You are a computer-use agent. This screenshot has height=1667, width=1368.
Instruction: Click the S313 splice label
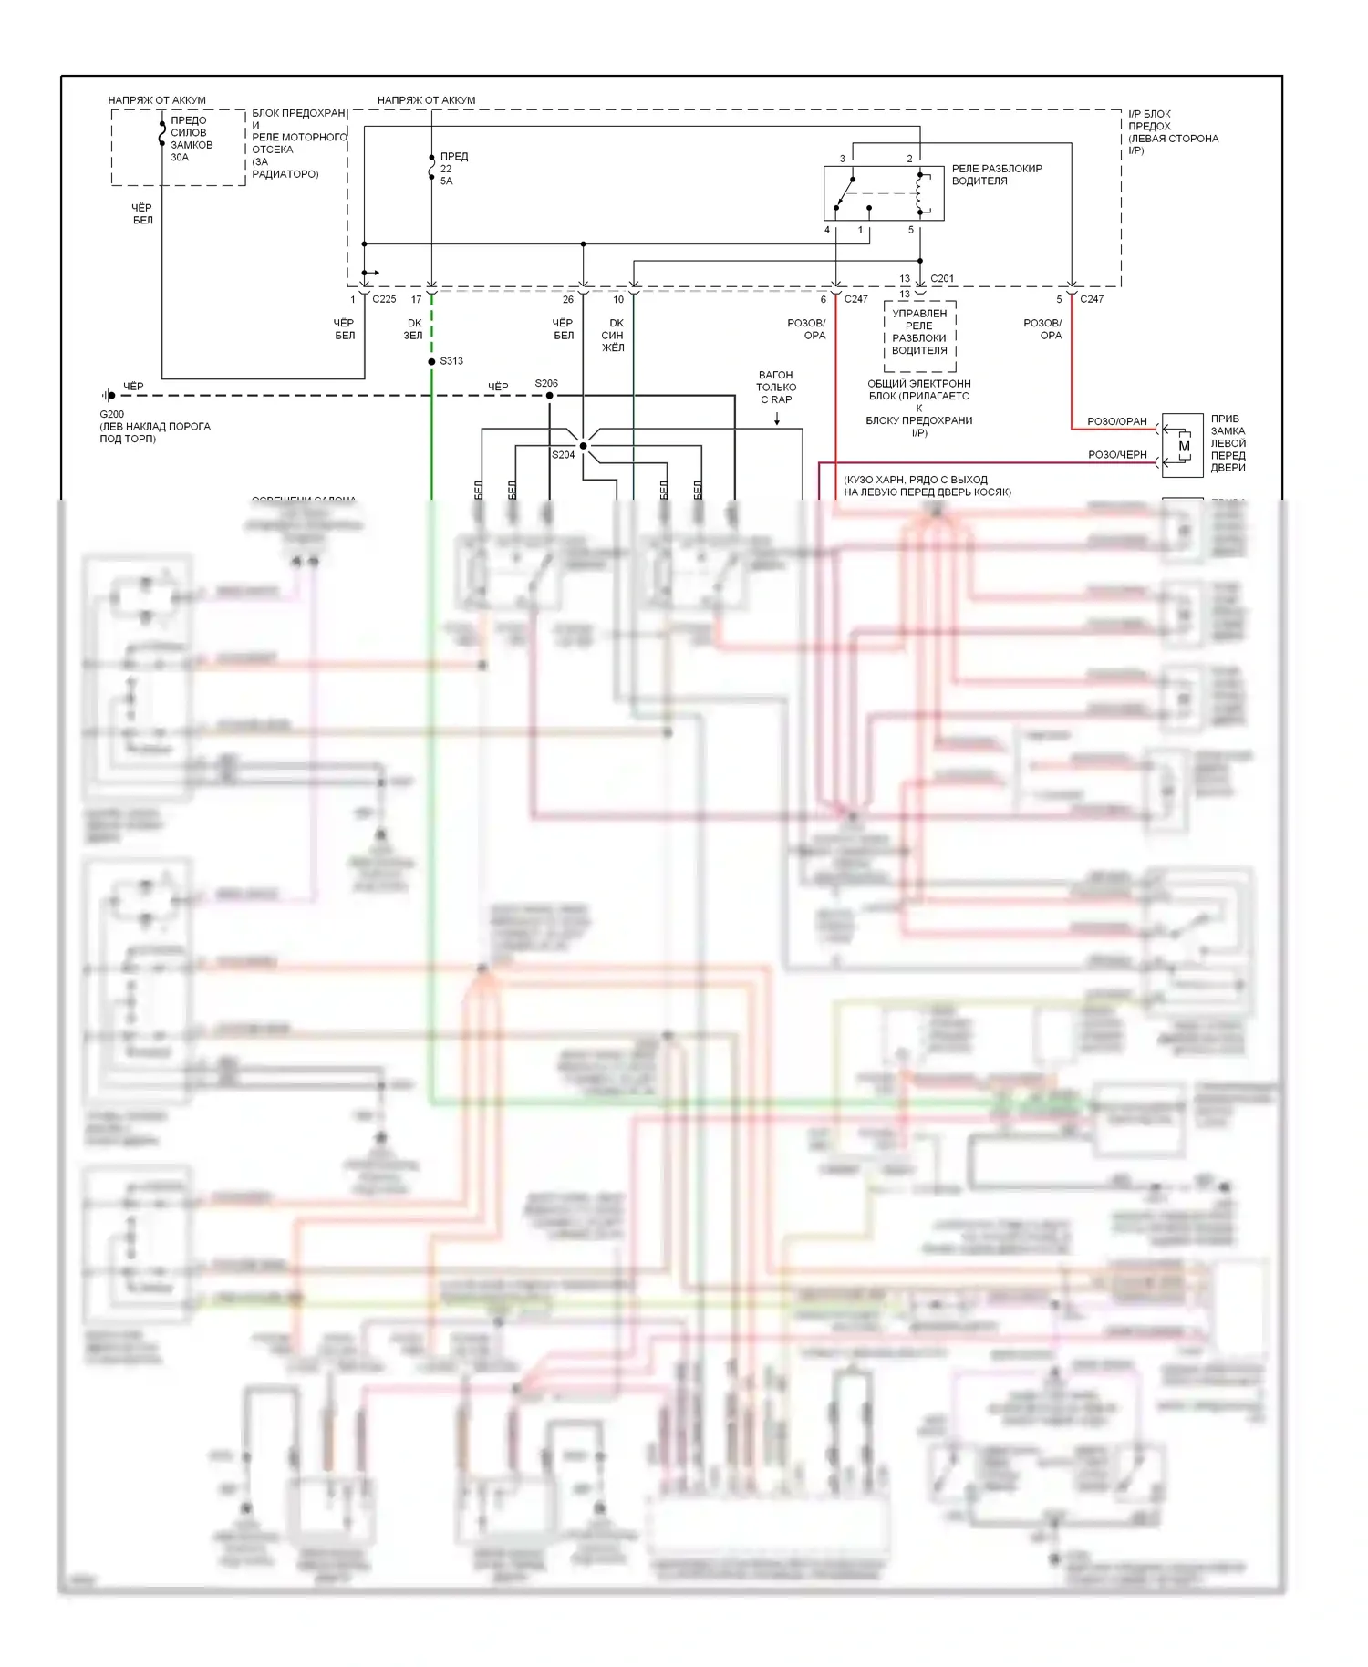pyautogui.click(x=451, y=361)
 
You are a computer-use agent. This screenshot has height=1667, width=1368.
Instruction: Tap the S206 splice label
pyautogui.click(x=546, y=384)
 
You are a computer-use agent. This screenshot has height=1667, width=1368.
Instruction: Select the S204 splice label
pyautogui.click(x=563, y=455)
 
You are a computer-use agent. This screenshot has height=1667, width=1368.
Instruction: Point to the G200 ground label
pyautogui.click(x=112, y=414)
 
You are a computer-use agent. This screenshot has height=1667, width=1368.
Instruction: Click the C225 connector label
pyautogui.click(x=384, y=299)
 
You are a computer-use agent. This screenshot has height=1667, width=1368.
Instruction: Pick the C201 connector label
pyautogui.click(x=942, y=279)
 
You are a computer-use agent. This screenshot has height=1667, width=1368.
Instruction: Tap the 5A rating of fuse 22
pyautogui.click(x=446, y=181)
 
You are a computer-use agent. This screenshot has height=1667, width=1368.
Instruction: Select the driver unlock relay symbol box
pyautogui.click(x=883, y=192)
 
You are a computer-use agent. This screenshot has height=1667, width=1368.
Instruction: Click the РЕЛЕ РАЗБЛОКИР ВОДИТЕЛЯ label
pyautogui.click(x=996, y=175)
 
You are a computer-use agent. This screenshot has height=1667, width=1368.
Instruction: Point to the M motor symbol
pyautogui.click(x=1184, y=447)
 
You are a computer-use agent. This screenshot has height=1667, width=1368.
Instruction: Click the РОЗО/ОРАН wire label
pyautogui.click(x=1116, y=421)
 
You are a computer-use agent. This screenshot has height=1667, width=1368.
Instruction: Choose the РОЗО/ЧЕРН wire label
pyautogui.click(x=1117, y=454)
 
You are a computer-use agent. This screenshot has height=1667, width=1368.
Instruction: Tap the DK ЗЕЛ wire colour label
pyautogui.click(x=414, y=329)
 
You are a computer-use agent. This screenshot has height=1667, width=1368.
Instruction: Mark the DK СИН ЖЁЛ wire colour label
pyautogui.click(x=614, y=335)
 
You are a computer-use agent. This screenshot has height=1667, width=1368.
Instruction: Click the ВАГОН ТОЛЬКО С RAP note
pyautogui.click(x=776, y=388)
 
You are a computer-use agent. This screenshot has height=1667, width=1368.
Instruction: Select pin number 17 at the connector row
pyautogui.click(x=416, y=299)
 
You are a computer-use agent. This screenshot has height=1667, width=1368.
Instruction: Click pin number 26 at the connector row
pyautogui.click(x=568, y=299)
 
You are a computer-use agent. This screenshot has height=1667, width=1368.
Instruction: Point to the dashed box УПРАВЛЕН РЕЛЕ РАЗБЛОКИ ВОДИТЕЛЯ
pyautogui.click(x=919, y=336)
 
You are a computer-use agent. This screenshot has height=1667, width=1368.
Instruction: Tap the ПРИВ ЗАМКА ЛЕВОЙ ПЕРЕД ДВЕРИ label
pyautogui.click(x=1228, y=443)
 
